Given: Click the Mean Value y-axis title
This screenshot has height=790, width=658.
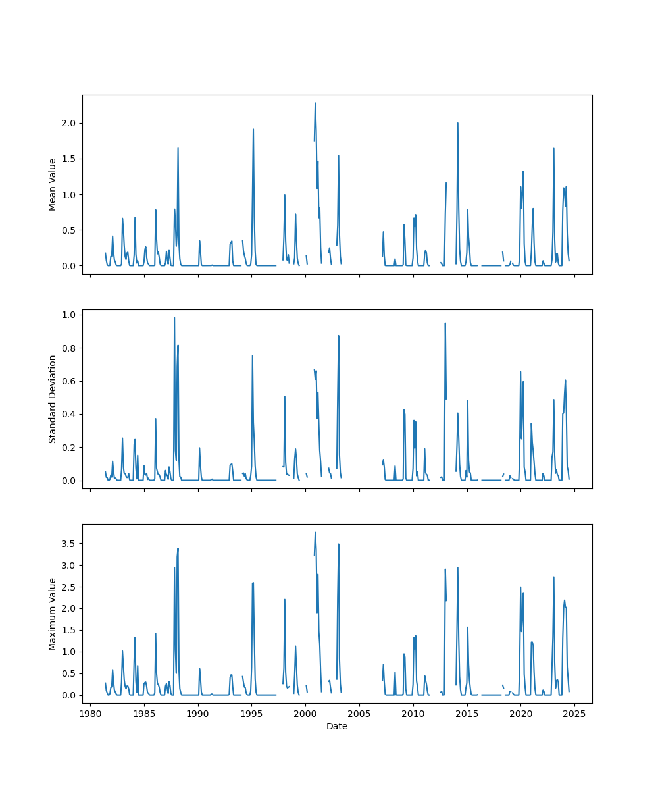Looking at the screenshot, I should pos(52,184).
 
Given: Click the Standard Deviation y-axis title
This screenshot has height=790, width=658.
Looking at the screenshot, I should pos(52,399).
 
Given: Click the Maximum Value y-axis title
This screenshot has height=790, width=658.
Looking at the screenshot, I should pos(52,614).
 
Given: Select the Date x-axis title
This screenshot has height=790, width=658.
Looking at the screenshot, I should pos(337,727).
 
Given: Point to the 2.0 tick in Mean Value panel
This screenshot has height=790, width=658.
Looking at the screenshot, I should pos(68,123).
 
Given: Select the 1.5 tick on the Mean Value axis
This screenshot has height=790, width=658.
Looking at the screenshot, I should pos(68,159).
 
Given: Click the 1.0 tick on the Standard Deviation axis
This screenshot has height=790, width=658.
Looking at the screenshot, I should pos(68,315).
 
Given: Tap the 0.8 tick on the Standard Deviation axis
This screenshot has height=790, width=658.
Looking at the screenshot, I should pos(68,348).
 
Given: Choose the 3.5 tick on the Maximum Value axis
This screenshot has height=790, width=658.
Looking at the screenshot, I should pos(68,543).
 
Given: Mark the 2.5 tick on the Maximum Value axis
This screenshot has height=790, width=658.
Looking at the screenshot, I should pos(68,587).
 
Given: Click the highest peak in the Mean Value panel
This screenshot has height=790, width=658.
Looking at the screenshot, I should pos(315,103).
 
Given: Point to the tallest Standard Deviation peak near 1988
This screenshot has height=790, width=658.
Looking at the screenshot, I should pos(174,318).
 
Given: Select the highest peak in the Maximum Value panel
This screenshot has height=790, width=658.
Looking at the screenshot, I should pos(315,533).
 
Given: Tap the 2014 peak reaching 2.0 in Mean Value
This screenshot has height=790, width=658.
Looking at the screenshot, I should pos(457,123).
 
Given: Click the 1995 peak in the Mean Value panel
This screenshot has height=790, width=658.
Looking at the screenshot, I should pos(253,129).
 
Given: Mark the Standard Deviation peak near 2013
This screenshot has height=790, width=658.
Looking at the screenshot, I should pos(445,323).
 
